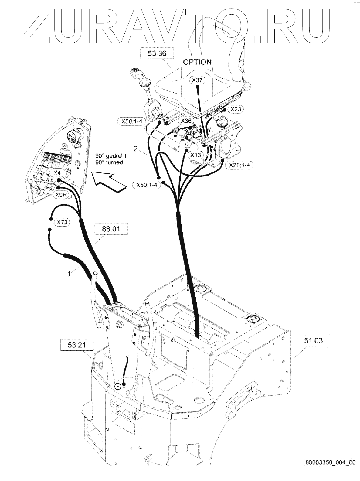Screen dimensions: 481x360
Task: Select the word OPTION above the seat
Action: (x=197, y=62)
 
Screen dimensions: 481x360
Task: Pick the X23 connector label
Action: (x=236, y=109)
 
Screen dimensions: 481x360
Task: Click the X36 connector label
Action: (x=186, y=121)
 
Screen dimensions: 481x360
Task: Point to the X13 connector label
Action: (x=196, y=155)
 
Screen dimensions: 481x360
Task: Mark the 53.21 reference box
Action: (x=76, y=345)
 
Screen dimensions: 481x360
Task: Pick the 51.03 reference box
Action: (x=313, y=341)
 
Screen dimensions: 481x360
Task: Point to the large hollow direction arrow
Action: (x=109, y=182)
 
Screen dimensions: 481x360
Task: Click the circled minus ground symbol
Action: (x=117, y=386)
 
